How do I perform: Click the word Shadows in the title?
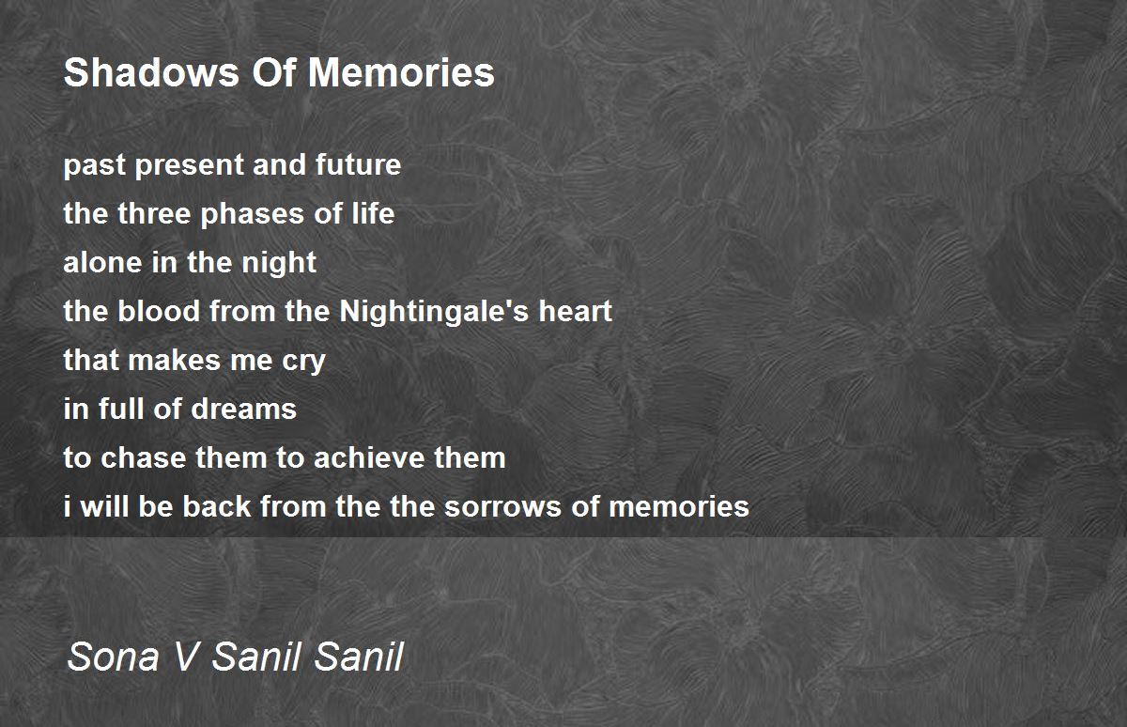(x=151, y=72)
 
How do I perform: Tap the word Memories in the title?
(x=401, y=72)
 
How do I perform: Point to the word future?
(x=358, y=164)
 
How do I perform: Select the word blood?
(x=159, y=311)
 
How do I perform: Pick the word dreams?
(x=244, y=409)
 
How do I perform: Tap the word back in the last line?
(x=216, y=506)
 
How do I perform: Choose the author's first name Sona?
(x=114, y=657)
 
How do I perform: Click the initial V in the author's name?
(x=187, y=657)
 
